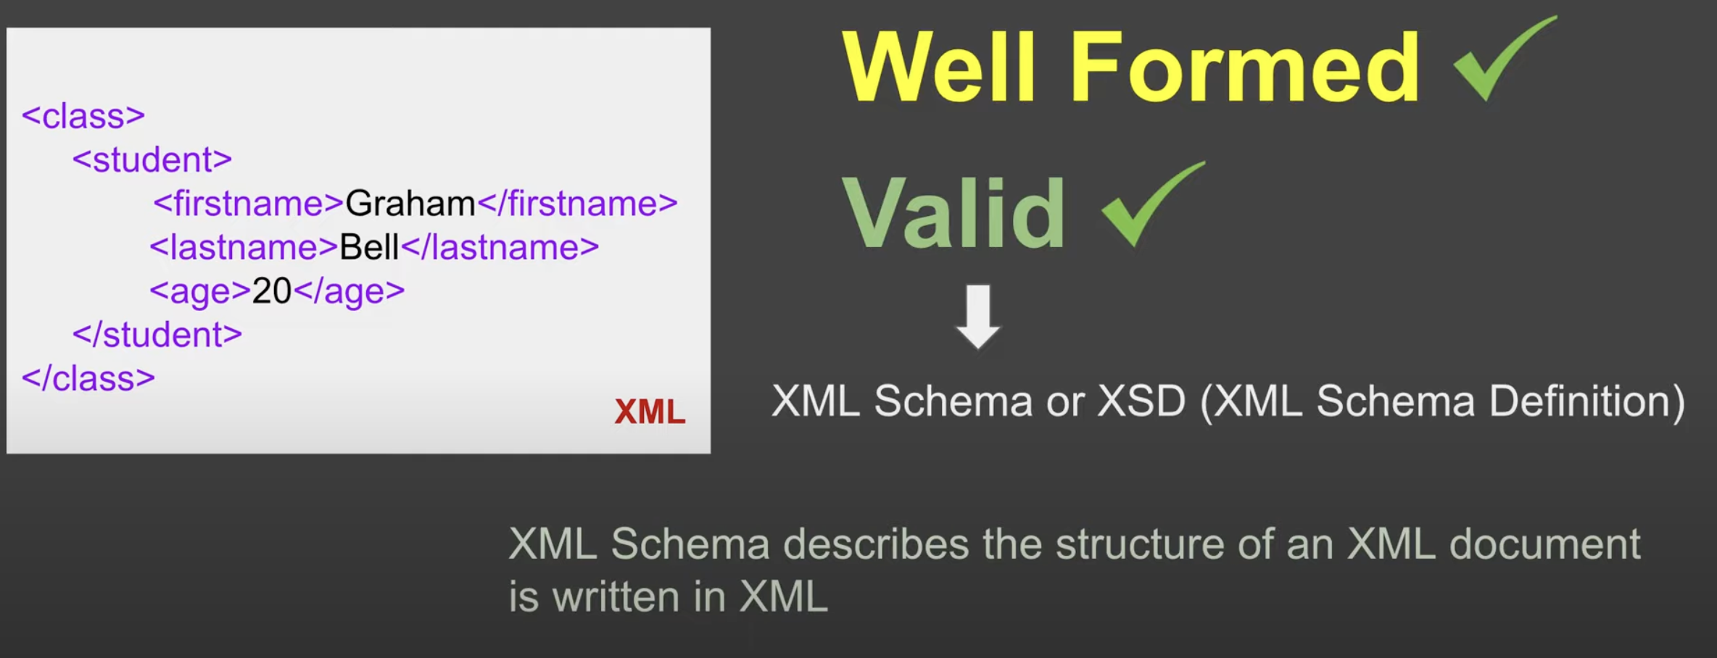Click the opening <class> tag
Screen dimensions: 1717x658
click(83, 116)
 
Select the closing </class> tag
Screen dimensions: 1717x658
click(88, 378)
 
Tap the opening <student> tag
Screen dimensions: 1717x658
click(152, 159)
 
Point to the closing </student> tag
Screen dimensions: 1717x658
click(157, 334)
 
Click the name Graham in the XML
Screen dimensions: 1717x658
click(410, 204)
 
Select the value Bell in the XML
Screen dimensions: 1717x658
click(369, 247)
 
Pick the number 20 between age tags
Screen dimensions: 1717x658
click(271, 291)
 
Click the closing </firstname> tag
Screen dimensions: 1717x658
click(577, 204)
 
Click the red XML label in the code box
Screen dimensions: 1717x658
click(650, 412)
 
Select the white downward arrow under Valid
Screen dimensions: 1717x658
click(978, 317)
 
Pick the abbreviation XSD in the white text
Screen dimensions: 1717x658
click(1141, 401)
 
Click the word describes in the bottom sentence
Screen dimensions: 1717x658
click(876, 544)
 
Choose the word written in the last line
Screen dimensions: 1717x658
click(616, 597)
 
